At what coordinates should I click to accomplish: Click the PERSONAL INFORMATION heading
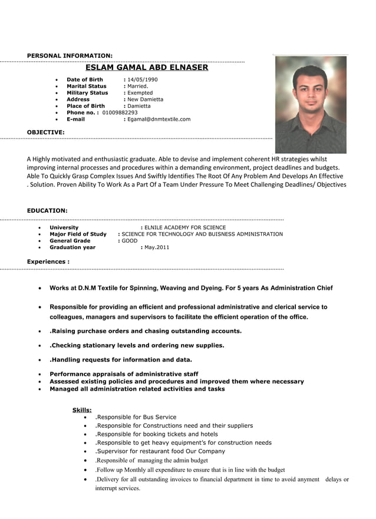[x=70, y=55]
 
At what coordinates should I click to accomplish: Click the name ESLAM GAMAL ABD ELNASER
[x=147, y=68]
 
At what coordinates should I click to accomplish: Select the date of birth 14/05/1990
[x=143, y=80]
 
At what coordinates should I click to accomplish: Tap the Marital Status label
[x=87, y=86]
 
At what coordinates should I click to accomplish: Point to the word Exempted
[x=140, y=92]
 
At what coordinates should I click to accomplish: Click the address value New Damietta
[x=145, y=100]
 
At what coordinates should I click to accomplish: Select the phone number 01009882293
[x=120, y=113]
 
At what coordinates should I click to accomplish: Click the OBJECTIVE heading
[x=46, y=132]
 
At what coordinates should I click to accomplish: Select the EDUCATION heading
[x=47, y=210]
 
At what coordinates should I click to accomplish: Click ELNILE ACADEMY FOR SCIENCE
[x=184, y=227]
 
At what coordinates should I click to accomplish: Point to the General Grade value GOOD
[x=129, y=241]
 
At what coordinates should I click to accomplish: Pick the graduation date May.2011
[x=156, y=247]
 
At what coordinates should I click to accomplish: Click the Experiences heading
[x=48, y=262]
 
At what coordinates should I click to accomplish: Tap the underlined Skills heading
[x=82, y=410]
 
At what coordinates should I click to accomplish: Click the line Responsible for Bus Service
[x=136, y=417]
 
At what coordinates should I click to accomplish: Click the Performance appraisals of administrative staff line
[x=124, y=374]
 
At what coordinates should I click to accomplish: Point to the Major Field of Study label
[x=78, y=234]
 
